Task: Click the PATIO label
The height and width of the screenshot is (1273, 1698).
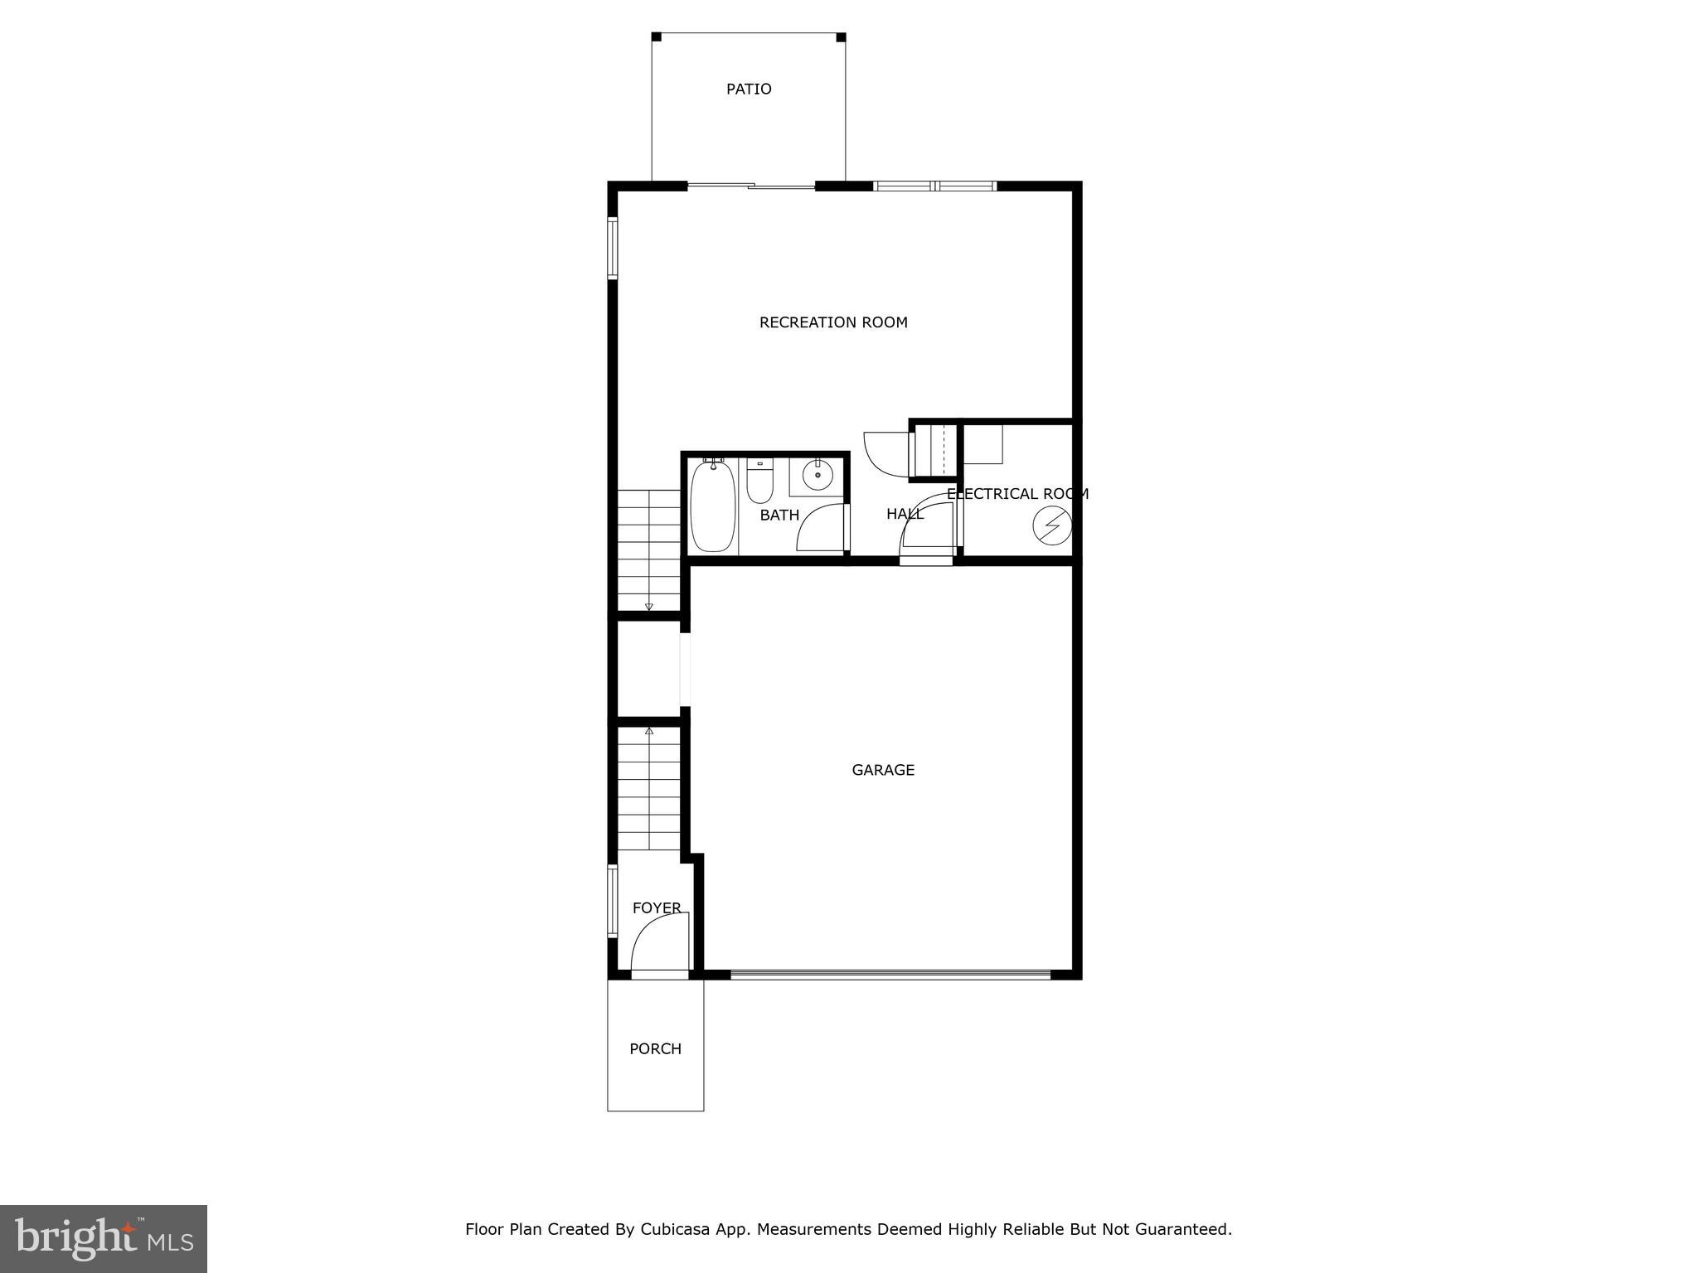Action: point(749,90)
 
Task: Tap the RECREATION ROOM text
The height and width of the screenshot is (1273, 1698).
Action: point(833,322)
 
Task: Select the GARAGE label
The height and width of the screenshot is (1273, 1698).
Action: point(883,770)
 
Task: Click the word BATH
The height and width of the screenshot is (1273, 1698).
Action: point(779,515)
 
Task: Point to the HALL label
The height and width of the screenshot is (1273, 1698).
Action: point(905,514)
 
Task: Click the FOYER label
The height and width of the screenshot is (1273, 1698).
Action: point(657,908)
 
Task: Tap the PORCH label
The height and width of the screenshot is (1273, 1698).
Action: point(655,1049)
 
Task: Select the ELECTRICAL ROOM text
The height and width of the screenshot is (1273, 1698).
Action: point(1017,494)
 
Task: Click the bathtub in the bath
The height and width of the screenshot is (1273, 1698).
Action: point(712,506)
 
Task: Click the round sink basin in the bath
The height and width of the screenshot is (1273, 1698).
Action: point(817,476)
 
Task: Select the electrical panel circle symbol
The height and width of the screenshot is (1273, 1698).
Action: point(1052,525)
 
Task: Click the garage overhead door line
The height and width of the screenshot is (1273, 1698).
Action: point(890,974)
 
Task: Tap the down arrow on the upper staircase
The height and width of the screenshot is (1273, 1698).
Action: point(648,607)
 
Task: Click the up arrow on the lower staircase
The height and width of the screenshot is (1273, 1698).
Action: point(648,731)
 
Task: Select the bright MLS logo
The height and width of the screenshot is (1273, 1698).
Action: point(104,1238)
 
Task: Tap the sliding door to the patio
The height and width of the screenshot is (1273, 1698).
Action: point(751,186)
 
